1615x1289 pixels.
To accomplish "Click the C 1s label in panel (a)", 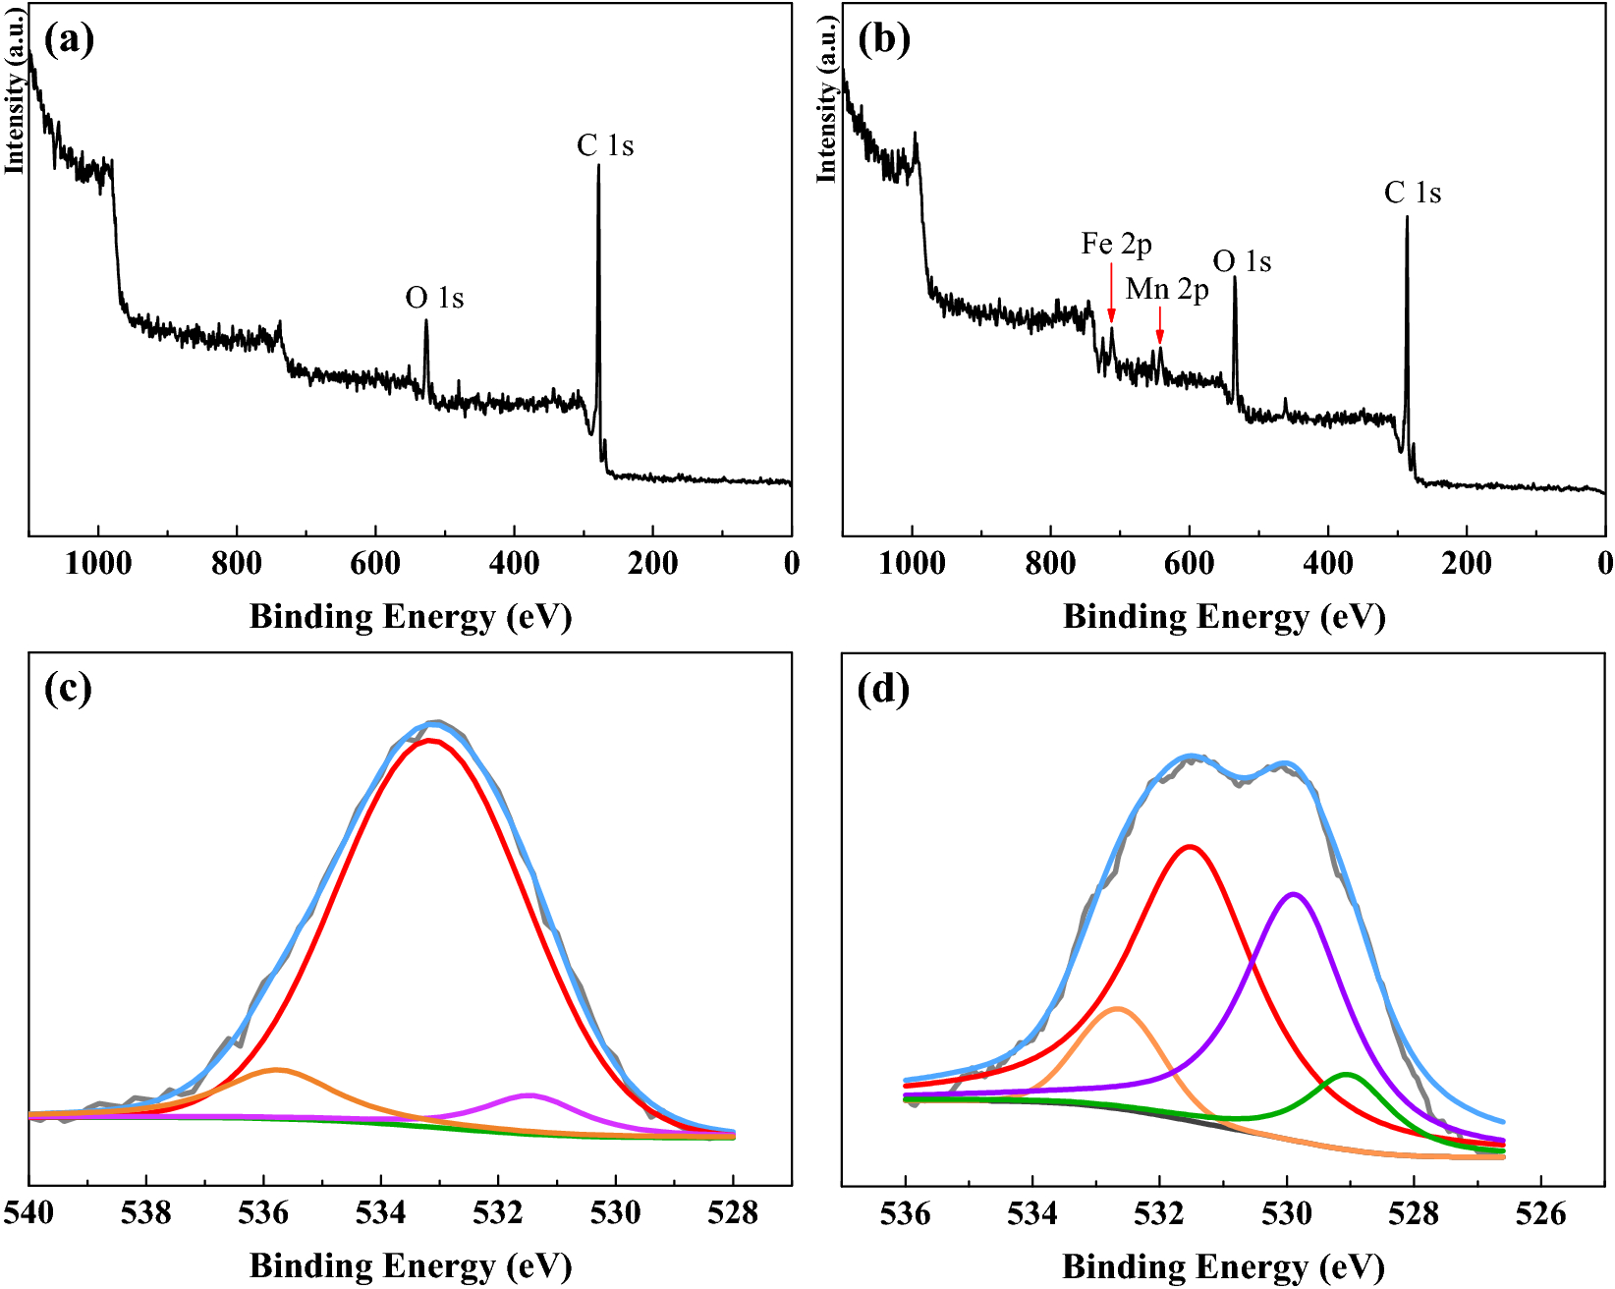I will [x=605, y=146].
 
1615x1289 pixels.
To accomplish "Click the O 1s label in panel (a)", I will [x=434, y=298].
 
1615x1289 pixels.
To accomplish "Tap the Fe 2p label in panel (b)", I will [x=1116, y=244].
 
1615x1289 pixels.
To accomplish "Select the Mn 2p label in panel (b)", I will [x=1167, y=289].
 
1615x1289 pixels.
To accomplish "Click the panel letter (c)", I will [x=68, y=688].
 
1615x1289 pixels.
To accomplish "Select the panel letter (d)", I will [x=882, y=688].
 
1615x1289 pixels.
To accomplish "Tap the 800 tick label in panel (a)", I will [x=237, y=564].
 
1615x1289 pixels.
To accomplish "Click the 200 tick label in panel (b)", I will [x=1466, y=564].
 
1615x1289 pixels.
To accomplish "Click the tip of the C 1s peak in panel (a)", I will [x=598, y=166].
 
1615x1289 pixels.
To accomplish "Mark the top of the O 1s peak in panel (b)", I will [x=1234, y=278].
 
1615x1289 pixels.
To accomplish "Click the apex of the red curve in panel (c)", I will [x=430, y=741].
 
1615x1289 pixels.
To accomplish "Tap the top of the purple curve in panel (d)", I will [x=1294, y=894].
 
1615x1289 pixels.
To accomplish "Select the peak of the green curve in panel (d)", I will [x=1347, y=1075].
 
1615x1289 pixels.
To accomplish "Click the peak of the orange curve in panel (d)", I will [x=1117, y=1009].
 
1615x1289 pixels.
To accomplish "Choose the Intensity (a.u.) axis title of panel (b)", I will [x=826, y=100].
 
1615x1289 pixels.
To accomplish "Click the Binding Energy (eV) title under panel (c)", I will [x=411, y=1265].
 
